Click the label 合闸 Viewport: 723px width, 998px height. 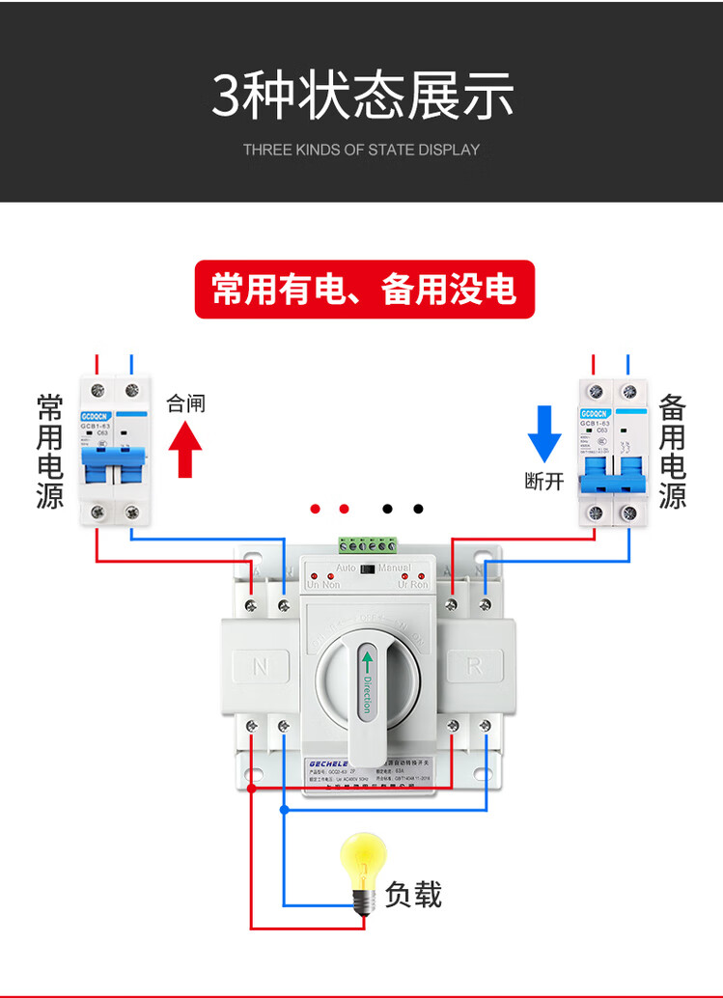click(x=185, y=403)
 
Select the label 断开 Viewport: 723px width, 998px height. click(x=544, y=481)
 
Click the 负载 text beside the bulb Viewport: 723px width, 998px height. click(x=413, y=895)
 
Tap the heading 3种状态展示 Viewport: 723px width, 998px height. click(x=362, y=96)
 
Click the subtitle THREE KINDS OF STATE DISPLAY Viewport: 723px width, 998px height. click(x=361, y=150)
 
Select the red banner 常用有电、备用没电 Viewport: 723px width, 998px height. click(x=364, y=289)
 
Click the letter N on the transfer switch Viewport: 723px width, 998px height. click(x=261, y=666)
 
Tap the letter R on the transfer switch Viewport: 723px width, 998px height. click(x=474, y=665)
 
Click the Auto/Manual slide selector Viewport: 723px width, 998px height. click(x=367, y=569)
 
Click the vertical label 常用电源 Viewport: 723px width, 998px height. click(x=49, y=450)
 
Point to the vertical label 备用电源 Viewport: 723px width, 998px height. click(x=673, y=450)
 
